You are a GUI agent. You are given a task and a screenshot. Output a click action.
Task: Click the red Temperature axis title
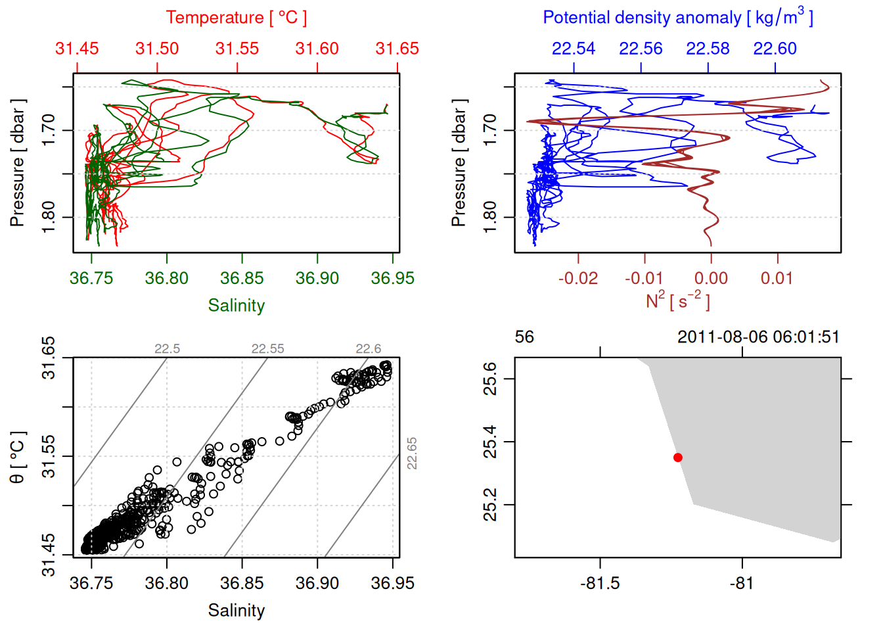(x=236, y=18)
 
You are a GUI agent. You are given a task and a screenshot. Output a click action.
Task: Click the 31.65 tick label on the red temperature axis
(x=397, y=49)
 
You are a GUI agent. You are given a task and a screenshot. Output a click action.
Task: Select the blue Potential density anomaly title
(x=677, y=18)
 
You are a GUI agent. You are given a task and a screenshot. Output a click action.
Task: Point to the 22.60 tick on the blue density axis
(x=775, y=49)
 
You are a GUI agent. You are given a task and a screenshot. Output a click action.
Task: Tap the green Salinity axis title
(x=236, y=306)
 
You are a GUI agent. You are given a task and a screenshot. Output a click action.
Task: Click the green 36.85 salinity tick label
(x=242, y=278)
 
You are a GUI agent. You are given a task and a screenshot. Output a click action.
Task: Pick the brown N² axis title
(x=677, y=300)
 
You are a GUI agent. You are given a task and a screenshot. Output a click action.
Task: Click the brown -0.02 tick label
(x=577, y=278)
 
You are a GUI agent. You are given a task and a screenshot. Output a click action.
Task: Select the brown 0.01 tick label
(x=777, y=278)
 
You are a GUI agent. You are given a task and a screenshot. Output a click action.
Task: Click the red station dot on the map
(x=677, y=457)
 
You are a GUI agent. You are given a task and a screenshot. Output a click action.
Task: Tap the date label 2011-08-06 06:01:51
(x=758, y=337)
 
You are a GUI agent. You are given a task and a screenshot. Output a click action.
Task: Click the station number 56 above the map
(x=524, y=337)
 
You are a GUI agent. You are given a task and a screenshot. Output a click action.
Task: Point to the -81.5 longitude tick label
(x=600, y=583)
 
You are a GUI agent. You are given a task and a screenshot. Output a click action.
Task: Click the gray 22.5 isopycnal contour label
(x=167, y=349)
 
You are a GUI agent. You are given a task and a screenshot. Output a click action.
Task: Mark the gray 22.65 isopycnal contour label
(x=412, y=454)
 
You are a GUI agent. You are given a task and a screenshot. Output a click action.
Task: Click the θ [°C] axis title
(x=18, y=457)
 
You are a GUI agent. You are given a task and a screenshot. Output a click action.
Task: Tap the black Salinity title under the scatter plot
(x=236, y=611)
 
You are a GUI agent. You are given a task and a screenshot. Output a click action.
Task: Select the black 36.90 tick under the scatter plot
(x=317, y=583)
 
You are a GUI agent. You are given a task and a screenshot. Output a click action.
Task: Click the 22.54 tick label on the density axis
(x=573, y=49)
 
